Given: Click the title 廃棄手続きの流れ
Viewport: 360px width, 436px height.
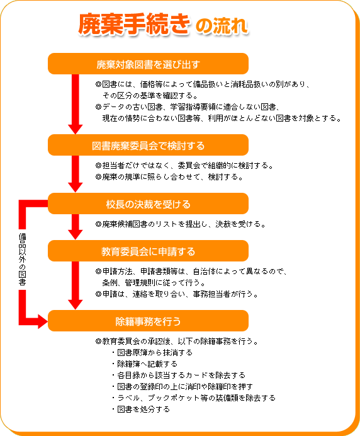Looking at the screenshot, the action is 163,24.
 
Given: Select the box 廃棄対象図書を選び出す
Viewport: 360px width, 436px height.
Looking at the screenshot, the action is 148,64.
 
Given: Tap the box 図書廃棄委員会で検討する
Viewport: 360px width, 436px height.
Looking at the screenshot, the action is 148,145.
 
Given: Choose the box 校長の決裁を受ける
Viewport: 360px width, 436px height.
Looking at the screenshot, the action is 148,204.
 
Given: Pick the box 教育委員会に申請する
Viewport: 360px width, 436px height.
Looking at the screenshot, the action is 148,251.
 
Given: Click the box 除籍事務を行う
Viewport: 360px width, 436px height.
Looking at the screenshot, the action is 148,321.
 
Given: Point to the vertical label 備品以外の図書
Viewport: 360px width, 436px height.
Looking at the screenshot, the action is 22,259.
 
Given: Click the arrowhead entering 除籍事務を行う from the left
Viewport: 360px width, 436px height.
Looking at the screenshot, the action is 43,322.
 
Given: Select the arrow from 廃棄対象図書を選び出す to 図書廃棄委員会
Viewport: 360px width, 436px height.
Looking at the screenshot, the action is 76,104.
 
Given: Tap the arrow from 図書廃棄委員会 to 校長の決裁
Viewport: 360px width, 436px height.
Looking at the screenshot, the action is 76,174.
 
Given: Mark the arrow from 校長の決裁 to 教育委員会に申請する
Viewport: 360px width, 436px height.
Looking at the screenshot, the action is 76,227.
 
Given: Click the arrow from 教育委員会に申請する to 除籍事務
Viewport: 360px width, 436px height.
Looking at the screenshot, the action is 76,285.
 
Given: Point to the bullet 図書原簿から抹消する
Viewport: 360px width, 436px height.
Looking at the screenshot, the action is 152,353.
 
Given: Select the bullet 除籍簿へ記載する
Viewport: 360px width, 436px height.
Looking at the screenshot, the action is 145,364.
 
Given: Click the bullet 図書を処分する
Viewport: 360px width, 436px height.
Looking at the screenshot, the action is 141,410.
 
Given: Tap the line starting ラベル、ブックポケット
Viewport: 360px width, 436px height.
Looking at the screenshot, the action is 194,398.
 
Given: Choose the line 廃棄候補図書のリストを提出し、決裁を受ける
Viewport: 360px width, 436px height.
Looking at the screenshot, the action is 181,224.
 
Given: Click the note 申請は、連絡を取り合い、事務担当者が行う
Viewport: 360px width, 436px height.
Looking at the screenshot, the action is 177,294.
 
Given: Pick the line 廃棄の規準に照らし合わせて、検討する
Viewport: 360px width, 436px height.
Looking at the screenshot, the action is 169,177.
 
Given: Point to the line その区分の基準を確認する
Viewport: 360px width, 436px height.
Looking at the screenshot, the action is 150,96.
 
